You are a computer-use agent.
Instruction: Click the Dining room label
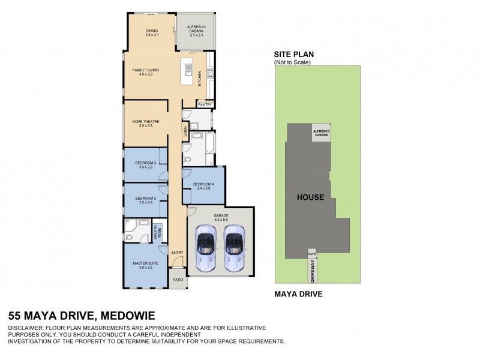151,33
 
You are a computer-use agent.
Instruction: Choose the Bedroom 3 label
146,165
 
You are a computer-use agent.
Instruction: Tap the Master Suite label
146,265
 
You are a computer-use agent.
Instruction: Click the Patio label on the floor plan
178,280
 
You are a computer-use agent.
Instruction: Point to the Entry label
177,253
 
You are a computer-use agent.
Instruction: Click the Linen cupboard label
185,131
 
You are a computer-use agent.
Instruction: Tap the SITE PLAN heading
293,55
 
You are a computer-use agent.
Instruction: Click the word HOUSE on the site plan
310,197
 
